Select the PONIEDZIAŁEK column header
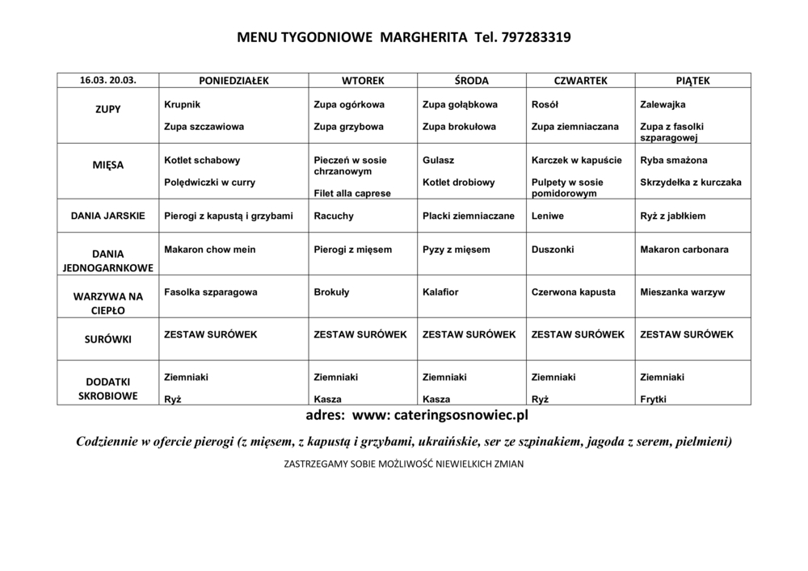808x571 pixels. pos(234,81)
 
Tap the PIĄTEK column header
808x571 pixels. pos(692,81)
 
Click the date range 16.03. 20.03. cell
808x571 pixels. pos(107,81)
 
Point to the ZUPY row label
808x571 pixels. pos(107,109)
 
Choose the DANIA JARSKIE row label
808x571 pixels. pos(107,216)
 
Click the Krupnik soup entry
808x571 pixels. pos(182,105)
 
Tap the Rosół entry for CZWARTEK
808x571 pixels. pos(545,105)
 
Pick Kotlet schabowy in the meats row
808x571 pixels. pos(202,161)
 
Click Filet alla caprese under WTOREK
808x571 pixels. pos(352,194)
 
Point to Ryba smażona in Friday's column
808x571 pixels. pos(673,161)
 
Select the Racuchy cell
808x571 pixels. pos(334,216)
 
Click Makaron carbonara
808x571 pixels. pos(684,250)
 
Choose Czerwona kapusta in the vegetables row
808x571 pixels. pos(574,292)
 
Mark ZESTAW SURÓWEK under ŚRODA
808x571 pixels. pos(469,334)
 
